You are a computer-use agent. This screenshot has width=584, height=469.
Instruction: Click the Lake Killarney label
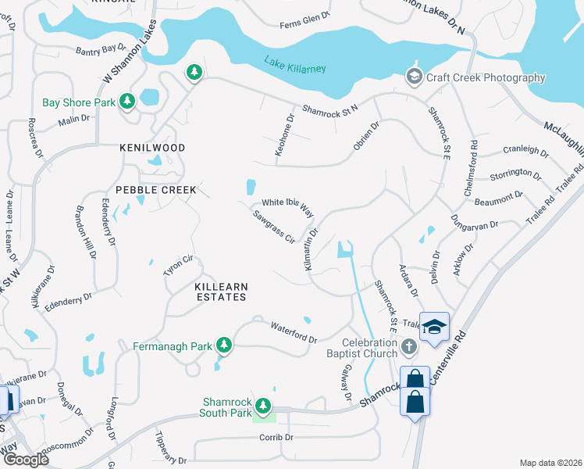pyautogui.click(x=294, y=65)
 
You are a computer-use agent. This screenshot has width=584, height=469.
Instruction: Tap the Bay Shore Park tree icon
pyautogui.click(x=127, y=102)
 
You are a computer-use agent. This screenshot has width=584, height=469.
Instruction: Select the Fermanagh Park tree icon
pyautogui.click(x=225, y=345)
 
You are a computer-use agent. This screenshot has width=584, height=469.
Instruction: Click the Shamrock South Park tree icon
pyautogui.click(x=264, y=405)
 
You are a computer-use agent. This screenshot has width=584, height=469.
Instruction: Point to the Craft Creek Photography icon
pyautogui.click(x=414, y=77)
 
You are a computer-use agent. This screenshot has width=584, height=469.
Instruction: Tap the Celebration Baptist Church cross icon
pyautogui.click(x=408, y=345)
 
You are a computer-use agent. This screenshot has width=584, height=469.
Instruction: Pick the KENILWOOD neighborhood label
pyautogui.click(x=152, y=148)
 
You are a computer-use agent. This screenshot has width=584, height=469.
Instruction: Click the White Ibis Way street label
pyautogui.click(x=287, y=207)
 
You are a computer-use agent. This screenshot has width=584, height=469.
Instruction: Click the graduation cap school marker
pyautogui.click(x=434, y=326)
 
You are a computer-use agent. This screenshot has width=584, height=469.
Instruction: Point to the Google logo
pyautogui.click(x=25, y=460)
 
